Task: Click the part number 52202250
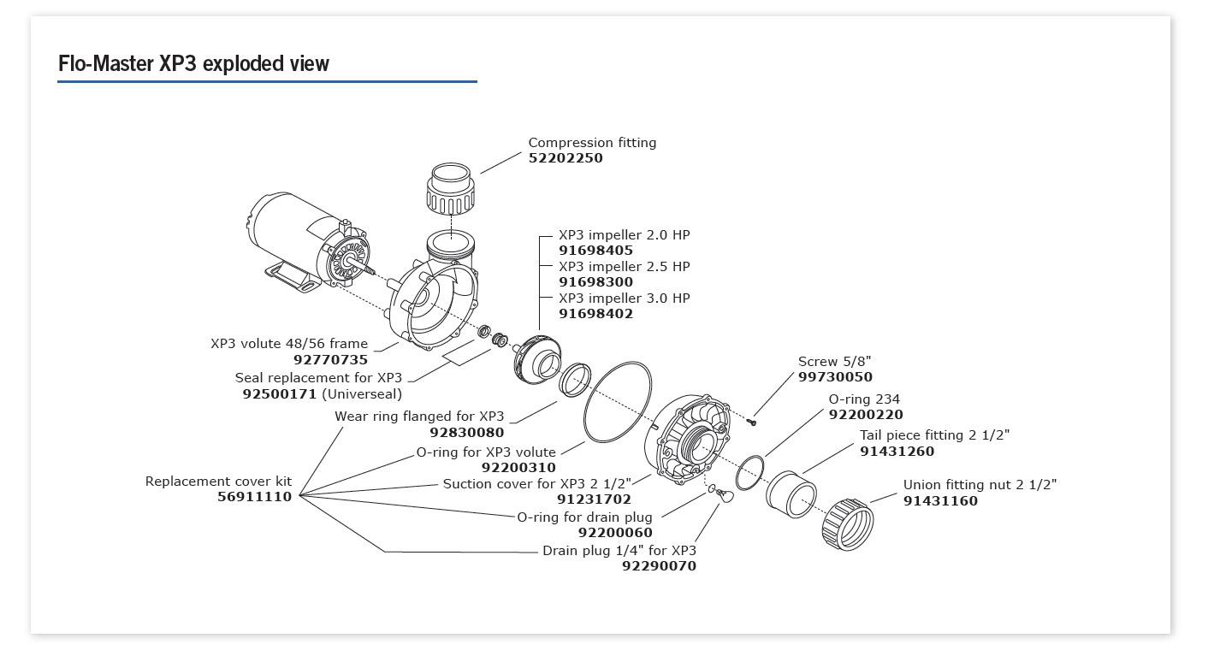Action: [x=566, y=158]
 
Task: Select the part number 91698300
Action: [x=595, y=282]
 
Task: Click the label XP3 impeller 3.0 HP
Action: [x=624, y=298]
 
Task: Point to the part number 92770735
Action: [x=330, y=360]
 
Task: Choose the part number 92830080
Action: [x=466, y=433]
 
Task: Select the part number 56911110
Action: [x=254, y=497]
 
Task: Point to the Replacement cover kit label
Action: [x=218, y=482]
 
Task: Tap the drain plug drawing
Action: [x=725, y=497]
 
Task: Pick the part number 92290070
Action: [x=659, y=566]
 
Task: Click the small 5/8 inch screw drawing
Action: [x=751, y=420]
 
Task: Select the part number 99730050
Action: [x=835, y=377]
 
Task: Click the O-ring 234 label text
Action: [x=864, y=399]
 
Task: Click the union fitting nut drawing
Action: [x=847, y=523]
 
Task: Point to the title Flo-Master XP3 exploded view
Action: [x=193, y=64]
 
